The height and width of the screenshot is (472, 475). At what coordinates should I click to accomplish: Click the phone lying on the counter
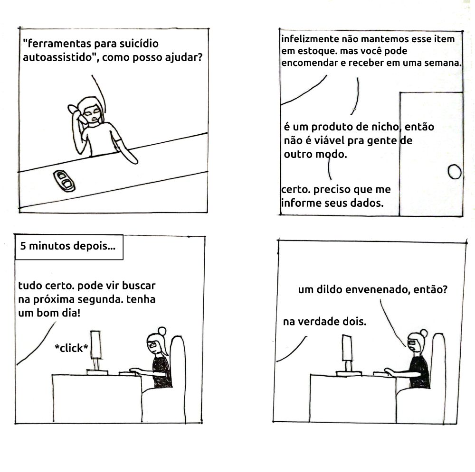(65, 180)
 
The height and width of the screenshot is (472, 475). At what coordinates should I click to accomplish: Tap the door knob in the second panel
(455, 171)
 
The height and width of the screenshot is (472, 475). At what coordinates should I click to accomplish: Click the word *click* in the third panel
(71, 349)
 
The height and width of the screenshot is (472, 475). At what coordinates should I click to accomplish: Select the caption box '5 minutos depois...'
(69, 247)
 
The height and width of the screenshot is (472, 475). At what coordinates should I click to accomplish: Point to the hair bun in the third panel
(161, 331)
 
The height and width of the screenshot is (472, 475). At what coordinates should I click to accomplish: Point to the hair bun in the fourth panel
(423, 333)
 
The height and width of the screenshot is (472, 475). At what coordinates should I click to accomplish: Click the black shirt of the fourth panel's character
(420, 370)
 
